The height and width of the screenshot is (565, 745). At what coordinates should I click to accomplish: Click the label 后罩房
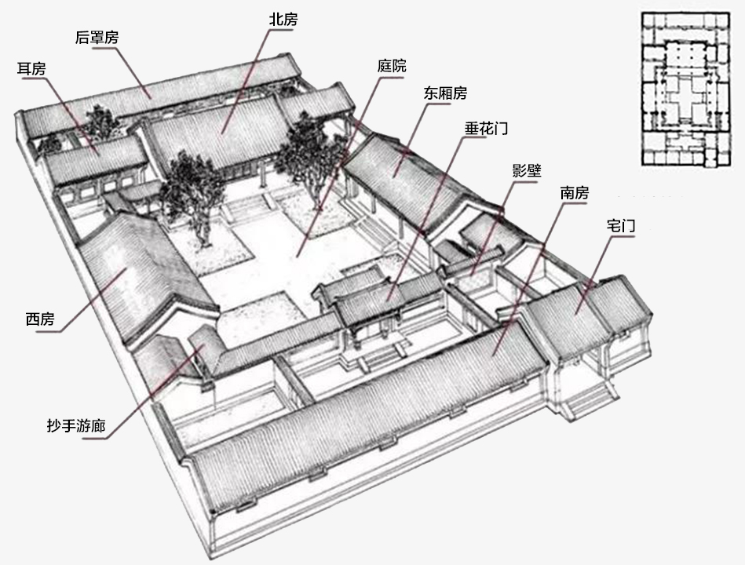[97, 37]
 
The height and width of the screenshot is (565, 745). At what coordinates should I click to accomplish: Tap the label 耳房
[31, 69]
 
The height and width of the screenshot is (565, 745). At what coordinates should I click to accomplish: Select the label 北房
[283, 20]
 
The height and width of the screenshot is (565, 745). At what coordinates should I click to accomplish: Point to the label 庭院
[392, 65]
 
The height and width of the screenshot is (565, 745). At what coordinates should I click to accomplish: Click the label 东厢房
[445, 93]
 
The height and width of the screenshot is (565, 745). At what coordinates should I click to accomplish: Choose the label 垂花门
[486, 128]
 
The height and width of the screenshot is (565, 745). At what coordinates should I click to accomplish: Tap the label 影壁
[527, 170]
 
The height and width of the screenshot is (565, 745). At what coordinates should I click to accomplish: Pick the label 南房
[574, 193]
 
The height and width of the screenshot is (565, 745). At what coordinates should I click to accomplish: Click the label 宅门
[620, 225]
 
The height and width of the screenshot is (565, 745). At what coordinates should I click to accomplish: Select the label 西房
[40, 319]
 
